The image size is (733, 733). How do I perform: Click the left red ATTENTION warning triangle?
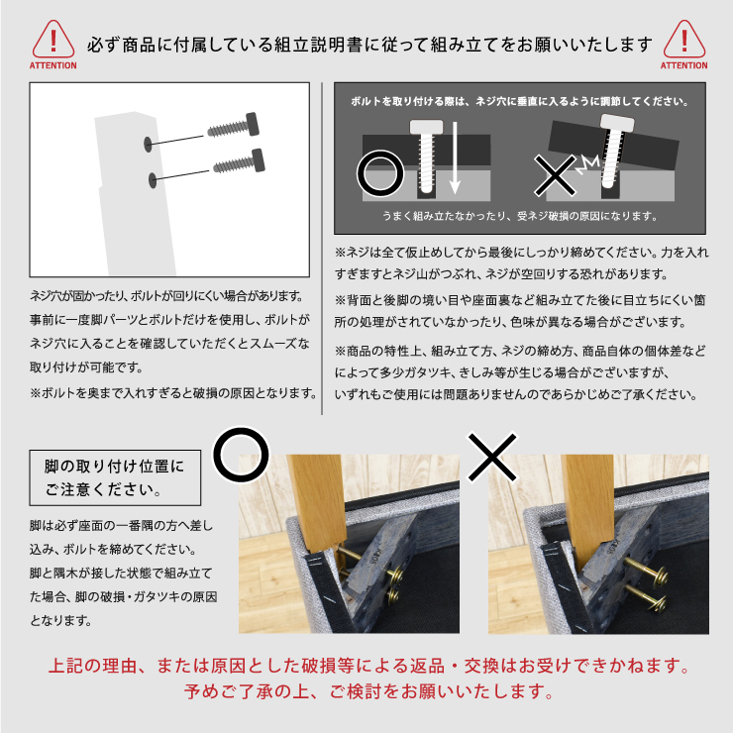coord(52,40)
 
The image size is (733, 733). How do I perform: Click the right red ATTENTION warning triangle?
coord(683,40)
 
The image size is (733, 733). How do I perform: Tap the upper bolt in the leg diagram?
coord(233,126)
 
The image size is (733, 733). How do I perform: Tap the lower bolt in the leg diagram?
coord(240,161)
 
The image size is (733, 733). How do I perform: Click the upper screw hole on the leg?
coord(149,145)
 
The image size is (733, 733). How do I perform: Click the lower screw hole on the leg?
coord(153,180)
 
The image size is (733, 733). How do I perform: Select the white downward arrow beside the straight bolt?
coord(455,158)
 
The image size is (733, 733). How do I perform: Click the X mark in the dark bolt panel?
coord(556,175)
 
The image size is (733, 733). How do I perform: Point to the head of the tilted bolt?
coord(617,123)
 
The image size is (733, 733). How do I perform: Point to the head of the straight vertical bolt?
coord(426,126)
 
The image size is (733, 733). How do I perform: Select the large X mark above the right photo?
coord(492,457)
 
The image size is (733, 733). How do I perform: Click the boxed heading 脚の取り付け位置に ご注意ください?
coord(115,477)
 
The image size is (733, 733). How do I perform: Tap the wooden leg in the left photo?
coord(317,501)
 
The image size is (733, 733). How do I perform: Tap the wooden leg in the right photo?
coord(588,509)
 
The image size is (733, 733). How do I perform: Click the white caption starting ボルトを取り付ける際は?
coord(519,101)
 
